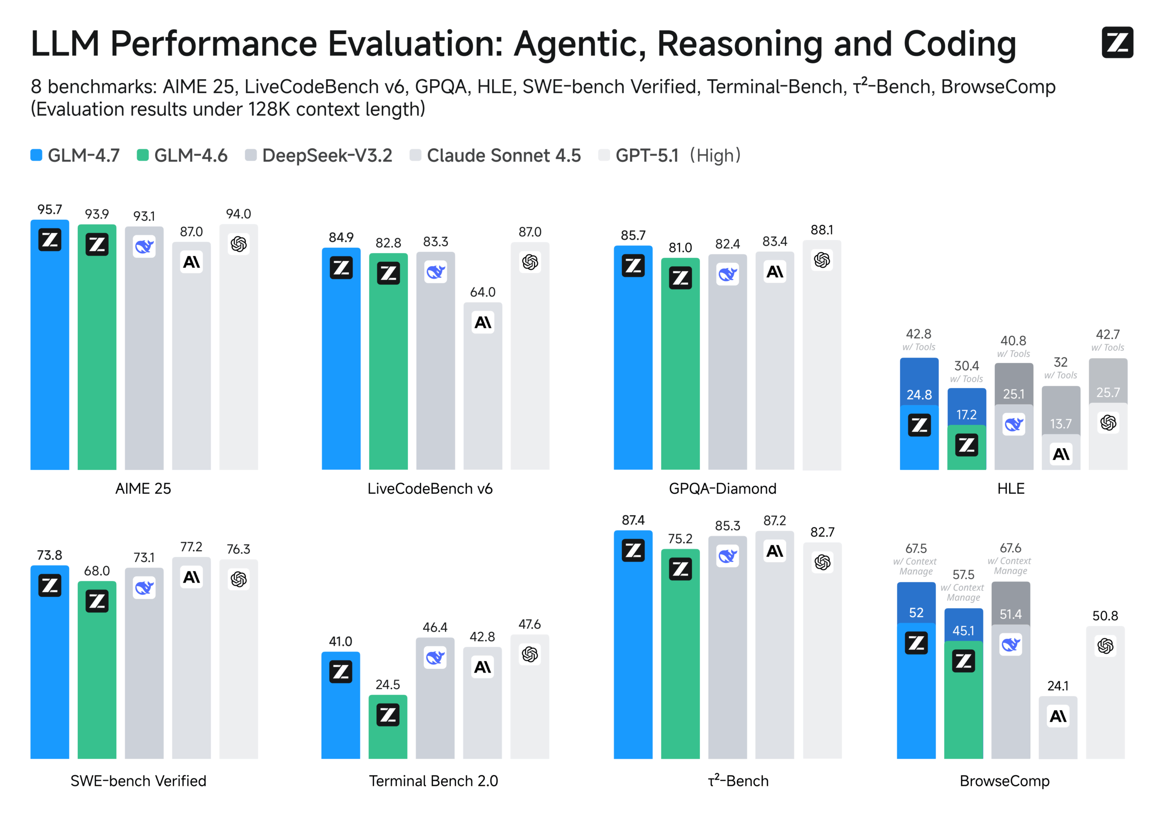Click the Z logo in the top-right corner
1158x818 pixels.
point(1117,43)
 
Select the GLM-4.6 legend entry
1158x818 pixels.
point(182,156)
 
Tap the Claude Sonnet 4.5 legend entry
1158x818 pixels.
point(495,156)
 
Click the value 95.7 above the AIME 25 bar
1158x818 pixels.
point(49,210)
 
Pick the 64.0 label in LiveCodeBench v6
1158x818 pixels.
point(483,293)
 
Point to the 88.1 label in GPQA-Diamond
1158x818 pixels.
point(821,230)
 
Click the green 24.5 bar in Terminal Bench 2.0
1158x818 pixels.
point(388,736)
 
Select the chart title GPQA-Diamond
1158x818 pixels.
point(722,488)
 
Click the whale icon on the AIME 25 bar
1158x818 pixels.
point(144,246)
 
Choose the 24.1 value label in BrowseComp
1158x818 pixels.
point(1058,686)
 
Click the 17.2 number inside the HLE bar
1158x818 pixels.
point(966,415)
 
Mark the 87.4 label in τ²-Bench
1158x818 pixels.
point(633,520)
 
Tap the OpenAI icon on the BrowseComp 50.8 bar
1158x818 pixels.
point(1105,646)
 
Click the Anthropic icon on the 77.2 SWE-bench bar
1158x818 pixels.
point(192,577)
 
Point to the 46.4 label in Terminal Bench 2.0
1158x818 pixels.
point(435,627)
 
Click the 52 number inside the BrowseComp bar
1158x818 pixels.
point(916,613)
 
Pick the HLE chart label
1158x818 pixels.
point(1011,488)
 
